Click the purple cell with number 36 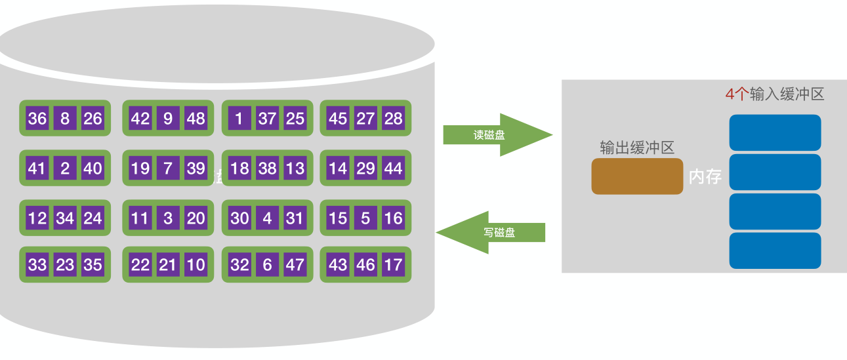point(37,118)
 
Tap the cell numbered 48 point(196,118)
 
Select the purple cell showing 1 point(239,118)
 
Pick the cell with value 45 point(337,118)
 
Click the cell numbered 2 point(65,168)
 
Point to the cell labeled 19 point(140,168)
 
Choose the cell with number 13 point(295,168)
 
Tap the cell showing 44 point(393,168)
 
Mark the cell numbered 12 point(37,218)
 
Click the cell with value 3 point(168,218)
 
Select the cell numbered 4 point(267,218)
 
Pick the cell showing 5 point(365,218)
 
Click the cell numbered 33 point(37,264)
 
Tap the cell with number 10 point(196,264)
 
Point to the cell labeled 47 point(295,264)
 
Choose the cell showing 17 point(393,264)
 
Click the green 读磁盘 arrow point(496,135)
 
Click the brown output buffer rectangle point(637,176)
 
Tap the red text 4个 point(736,94)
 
